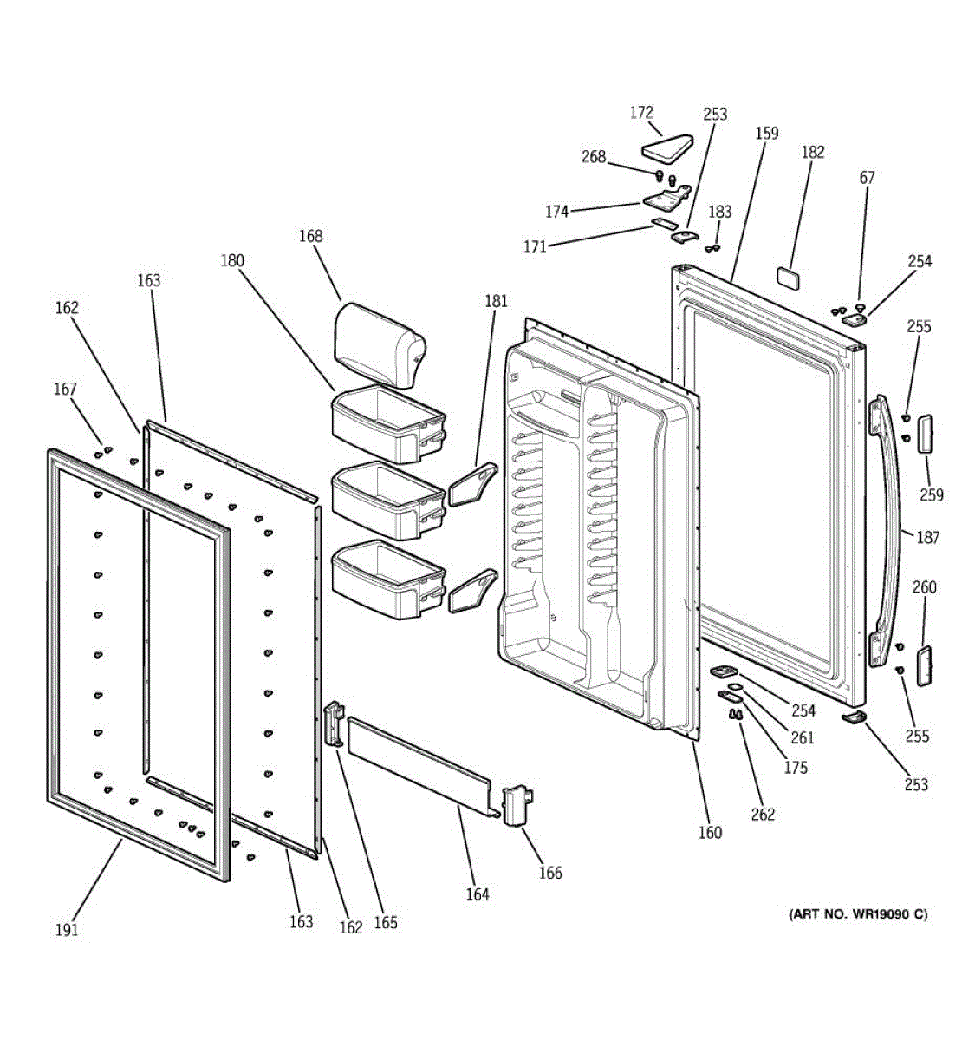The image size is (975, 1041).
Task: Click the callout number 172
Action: (641, 113)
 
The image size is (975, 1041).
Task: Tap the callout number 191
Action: (67, 930)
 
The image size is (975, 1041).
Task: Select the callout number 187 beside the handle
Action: (927, 538)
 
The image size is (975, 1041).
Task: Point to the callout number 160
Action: (710, 833)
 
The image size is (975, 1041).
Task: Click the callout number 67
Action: (867, 178)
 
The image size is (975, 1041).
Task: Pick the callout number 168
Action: (310, 236)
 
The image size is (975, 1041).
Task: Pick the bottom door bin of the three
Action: (387, 579)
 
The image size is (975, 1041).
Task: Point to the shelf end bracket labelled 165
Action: (334, 724)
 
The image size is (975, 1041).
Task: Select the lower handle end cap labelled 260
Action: (924, 665)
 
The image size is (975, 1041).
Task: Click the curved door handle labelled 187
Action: (891, 529)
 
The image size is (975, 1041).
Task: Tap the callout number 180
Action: (232, 260)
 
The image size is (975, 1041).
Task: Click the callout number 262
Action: (763, 815)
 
